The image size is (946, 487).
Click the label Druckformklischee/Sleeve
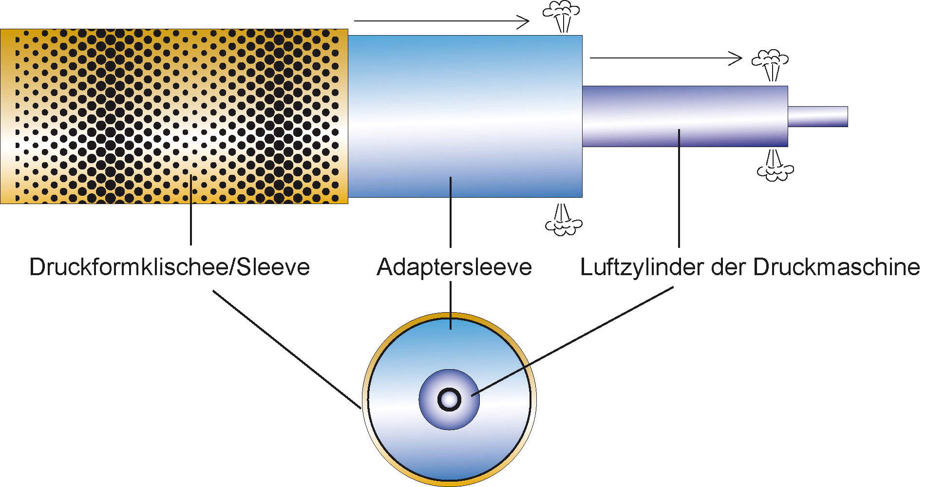pyautogui.click(x=169, y=267)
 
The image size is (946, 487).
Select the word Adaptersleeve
pyautogui.click(x=454, y=267)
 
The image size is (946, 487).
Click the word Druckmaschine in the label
pyautogui.click(x=836, y=267)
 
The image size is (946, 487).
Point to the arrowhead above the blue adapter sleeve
pyautogui.click(x=524, y=21)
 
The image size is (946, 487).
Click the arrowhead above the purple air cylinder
pyautogui.click(x=736, y=58)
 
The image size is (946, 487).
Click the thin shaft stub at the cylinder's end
pyautogui.click(x=818, y=116)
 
